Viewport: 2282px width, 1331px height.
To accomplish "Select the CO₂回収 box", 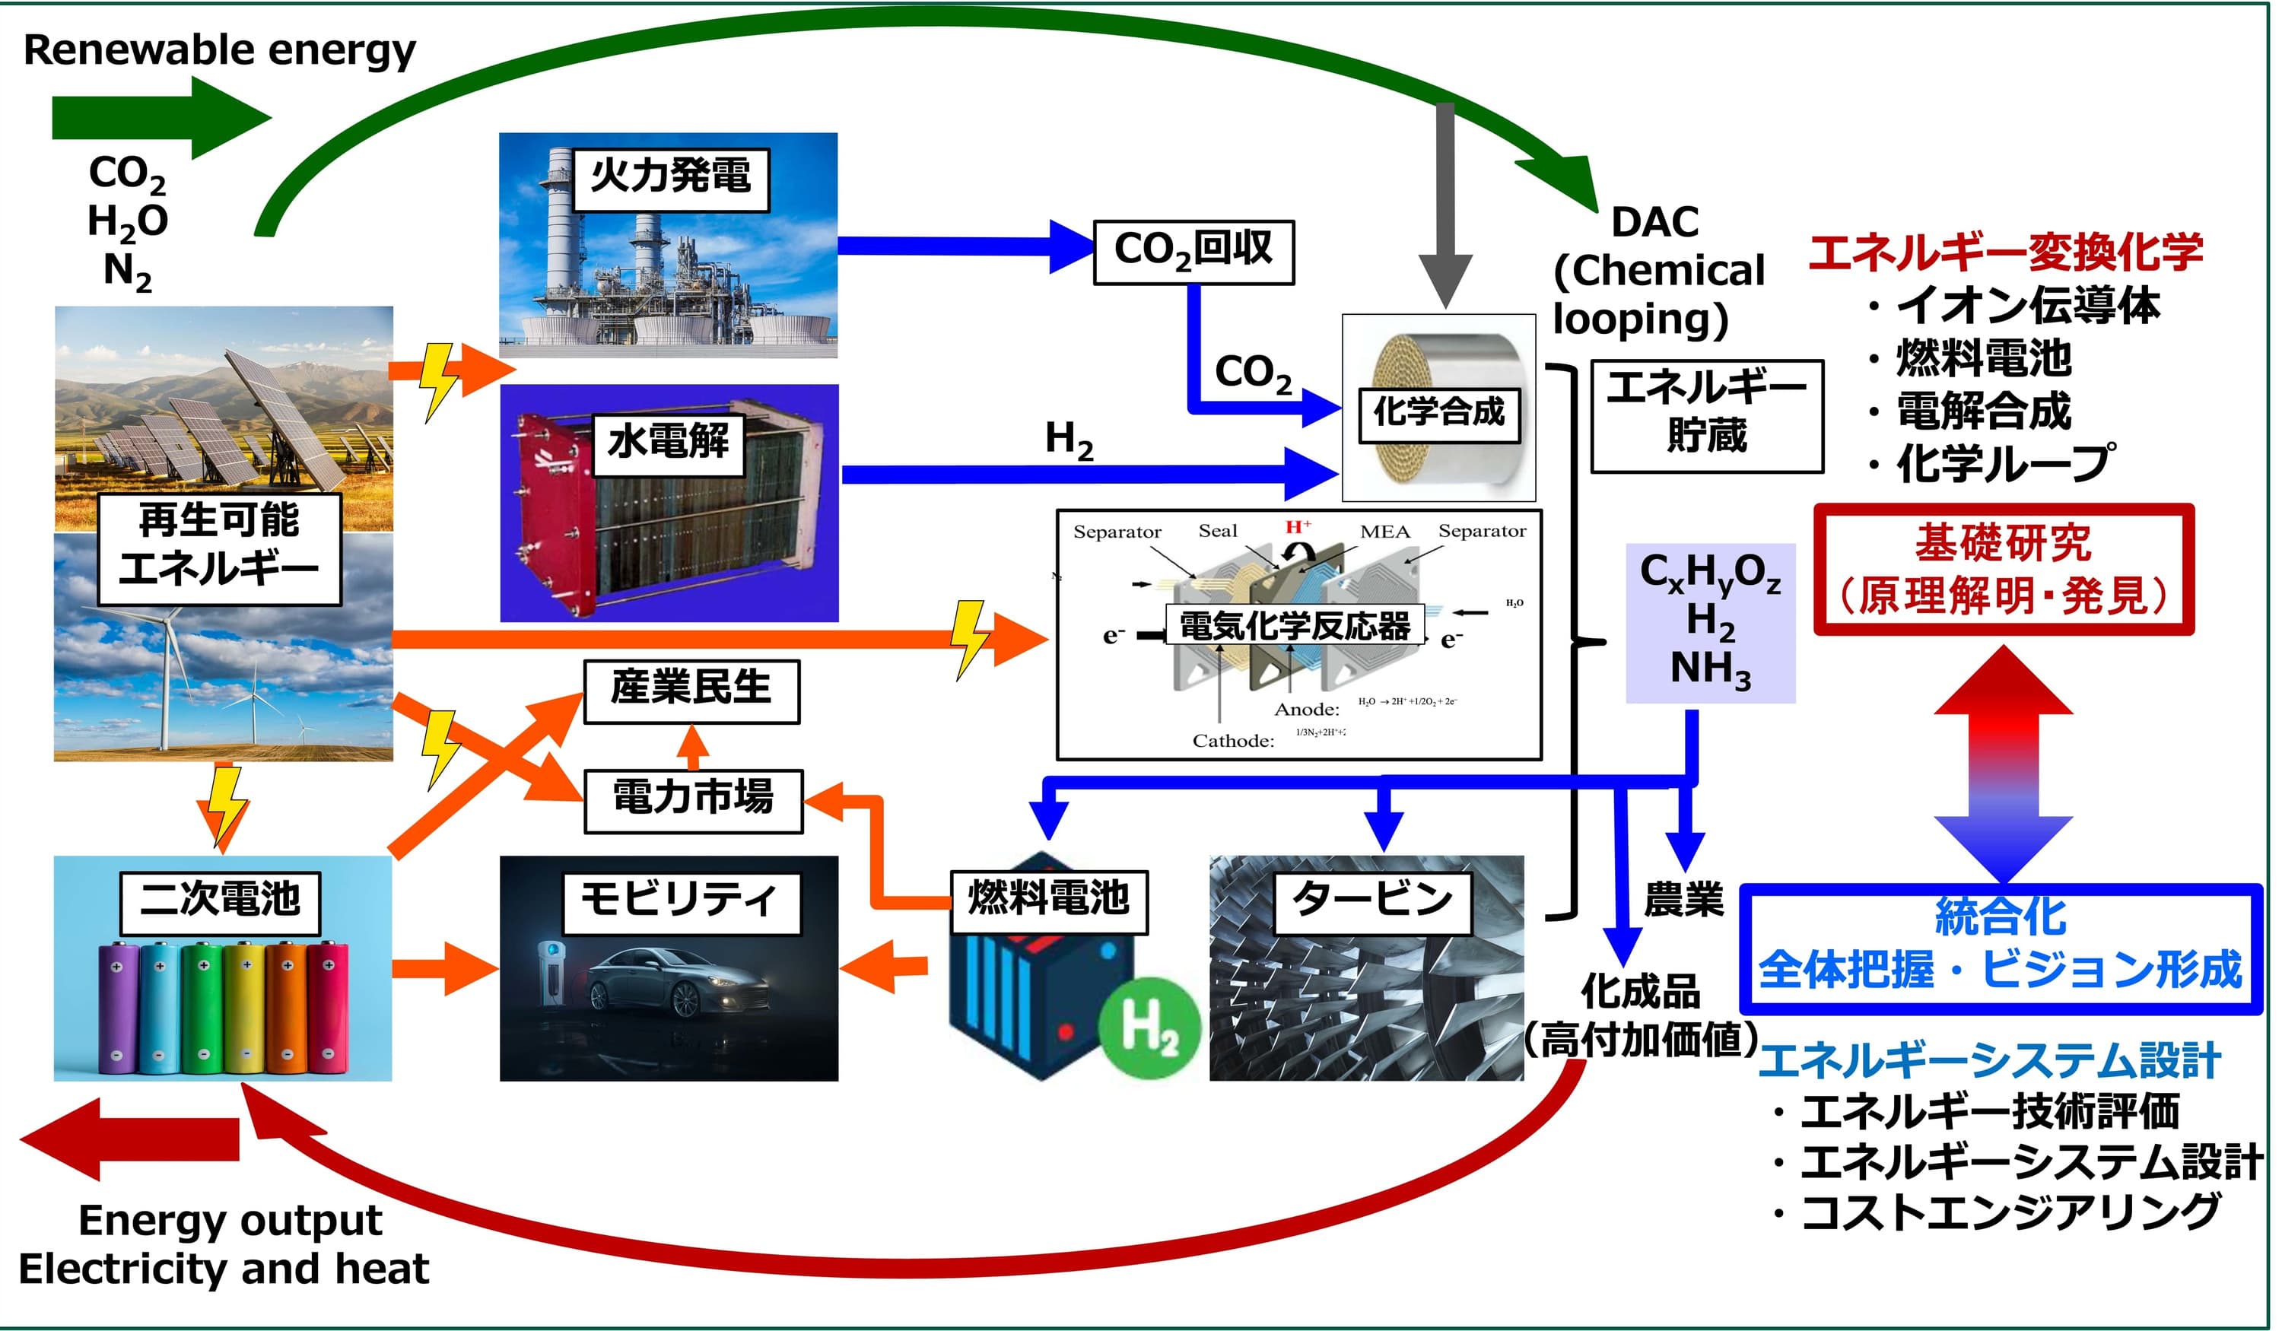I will [1193, 252].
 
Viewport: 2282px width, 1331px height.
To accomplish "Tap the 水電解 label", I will [669, 443].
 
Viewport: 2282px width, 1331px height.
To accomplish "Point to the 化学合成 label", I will [1439, 414].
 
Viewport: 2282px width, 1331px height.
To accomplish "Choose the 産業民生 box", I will [691, 691].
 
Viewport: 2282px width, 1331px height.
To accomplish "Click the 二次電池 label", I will [220, 902].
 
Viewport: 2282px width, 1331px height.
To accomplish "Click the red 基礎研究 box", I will [2003, 570].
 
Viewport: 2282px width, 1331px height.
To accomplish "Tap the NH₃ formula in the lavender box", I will [1710, 670].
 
